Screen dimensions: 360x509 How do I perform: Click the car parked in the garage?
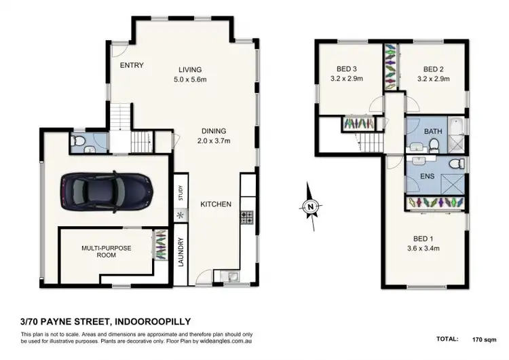point(106,191)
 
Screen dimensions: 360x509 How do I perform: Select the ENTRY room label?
point(131,66)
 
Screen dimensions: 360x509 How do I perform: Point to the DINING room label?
point(213,131)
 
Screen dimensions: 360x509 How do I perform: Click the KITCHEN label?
point(216,204)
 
